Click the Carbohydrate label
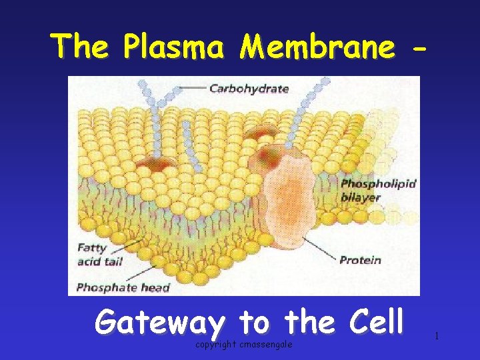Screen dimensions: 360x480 click(249, 88)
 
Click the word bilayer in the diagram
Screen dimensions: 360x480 click(360, 197)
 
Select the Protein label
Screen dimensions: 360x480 click(360, 260)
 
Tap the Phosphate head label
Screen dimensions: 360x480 click(123, 288)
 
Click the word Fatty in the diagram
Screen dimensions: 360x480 click(91, 247)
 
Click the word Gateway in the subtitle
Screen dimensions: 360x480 click(159, 323)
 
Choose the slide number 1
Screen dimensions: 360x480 click(436, 337)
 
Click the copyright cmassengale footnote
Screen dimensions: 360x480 click(243, 344)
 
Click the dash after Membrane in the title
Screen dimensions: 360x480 click(419, 48)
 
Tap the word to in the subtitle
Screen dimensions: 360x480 click(253, 323)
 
